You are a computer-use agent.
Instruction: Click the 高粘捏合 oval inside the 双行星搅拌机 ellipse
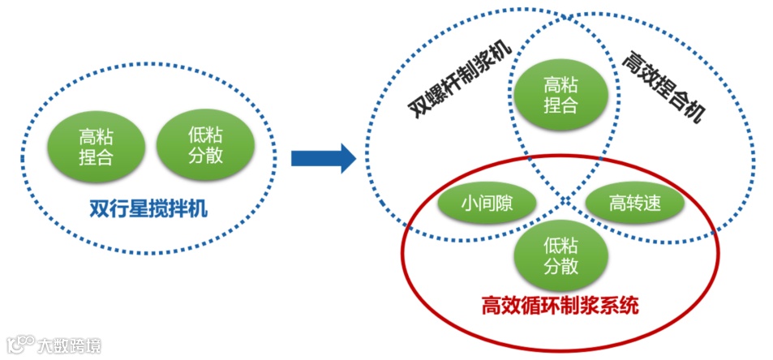tap(95, 146)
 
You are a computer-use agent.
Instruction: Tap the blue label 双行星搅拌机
tap(148, 209)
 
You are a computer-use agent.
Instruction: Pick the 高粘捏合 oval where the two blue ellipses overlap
tap(560, 94)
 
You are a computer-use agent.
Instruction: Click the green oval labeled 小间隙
tap(486, 204)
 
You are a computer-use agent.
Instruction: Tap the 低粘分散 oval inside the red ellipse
tap(560, 256)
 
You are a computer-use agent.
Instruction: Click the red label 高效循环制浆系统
tap(560, 306)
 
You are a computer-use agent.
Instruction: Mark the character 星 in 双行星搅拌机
tap(138, 209)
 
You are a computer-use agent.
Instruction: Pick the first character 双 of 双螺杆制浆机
tap(419, 109)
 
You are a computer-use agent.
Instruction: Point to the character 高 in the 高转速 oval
tap(617, 204)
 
